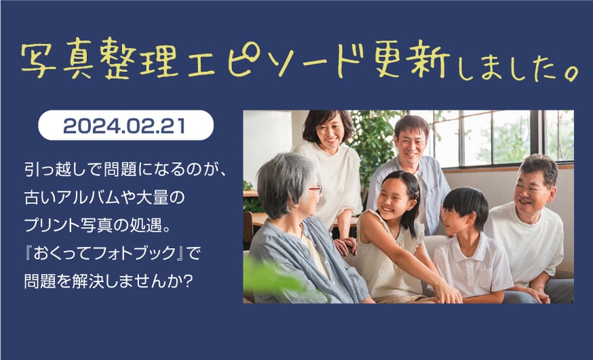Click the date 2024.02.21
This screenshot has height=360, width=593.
tap(124, 126)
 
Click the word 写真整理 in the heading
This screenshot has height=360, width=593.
tap(100, 59)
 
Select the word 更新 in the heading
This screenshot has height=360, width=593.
tap(411, 59)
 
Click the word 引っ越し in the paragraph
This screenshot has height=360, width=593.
tap(52, 170)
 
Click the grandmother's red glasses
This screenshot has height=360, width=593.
tap(315, 188)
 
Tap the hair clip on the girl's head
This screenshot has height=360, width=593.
tap(417, 194)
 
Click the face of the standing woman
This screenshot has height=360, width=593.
tap(329, 133)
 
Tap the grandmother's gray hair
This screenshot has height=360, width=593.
tap(284, 181)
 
